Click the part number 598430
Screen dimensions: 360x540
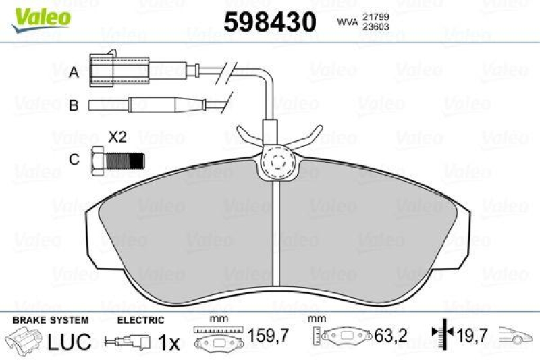pyautogui.click(x=270, y=22)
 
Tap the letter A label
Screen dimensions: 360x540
pyautogui.click(x=74, y=72)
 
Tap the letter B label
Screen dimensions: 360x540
pyautogui.click(x=74, y=105)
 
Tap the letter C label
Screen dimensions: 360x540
pyautogui.click(x=74, y=159)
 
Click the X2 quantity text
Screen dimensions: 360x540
pyautogui.click(x=118, y=138)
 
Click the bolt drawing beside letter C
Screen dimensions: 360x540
pyautogui.click(x=117, y=160)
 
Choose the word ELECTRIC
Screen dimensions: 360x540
pyautogui.click(x=140, y=320)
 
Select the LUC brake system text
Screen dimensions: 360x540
pyautogui.click(x=69, y=342)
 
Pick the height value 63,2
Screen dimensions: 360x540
pyautogui.click(x=390, y=334)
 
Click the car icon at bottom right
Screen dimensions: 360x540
pyautogui.click(x=516, y=334)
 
